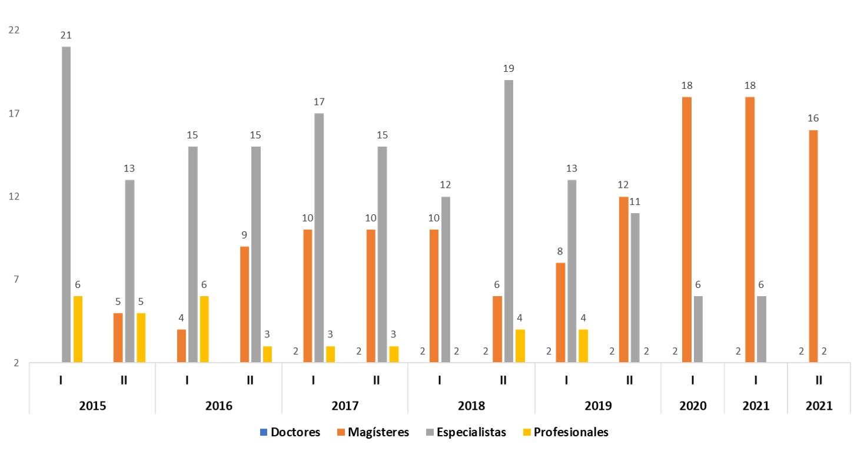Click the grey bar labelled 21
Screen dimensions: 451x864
coord(67,204)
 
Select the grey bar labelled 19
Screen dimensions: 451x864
coord(509,221)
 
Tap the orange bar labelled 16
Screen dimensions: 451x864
coord(813,246)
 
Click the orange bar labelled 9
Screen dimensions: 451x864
coord(244,304)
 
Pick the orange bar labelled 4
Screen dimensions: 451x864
coord(181,346)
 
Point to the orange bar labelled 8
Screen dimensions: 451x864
coord(560,313)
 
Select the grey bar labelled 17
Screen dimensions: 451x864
coord(319,238)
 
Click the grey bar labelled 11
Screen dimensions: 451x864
coord(635,288)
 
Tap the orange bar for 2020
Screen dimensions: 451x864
coord(686,230)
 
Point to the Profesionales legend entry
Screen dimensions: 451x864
coord(567,432)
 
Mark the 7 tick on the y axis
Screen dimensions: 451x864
coord(17,280)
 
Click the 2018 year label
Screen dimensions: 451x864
coord(471,406)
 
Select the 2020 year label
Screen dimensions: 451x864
coord(692,406)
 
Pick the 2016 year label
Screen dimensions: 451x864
coord(218,406)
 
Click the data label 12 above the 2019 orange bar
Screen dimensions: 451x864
coord(623,185)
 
